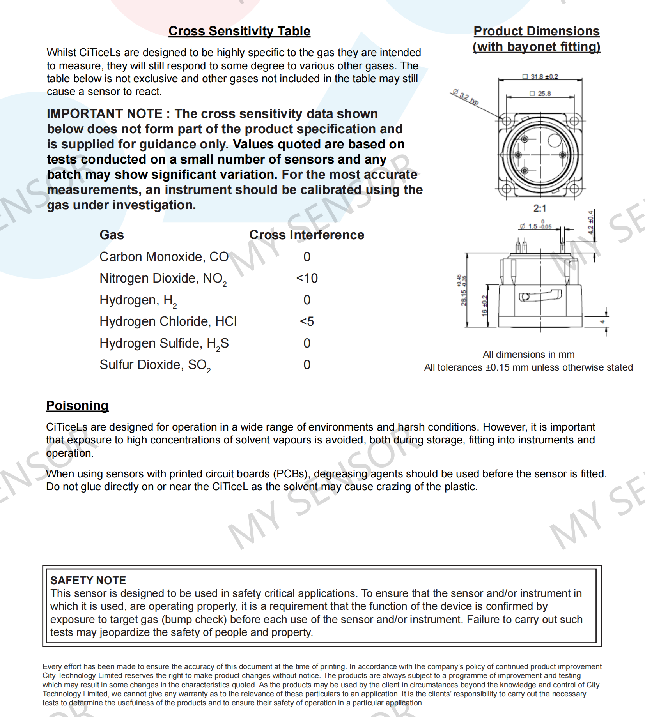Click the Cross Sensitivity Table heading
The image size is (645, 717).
[239, 31]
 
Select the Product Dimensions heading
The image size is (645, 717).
[536, 39]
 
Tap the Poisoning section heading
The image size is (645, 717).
[77, 405]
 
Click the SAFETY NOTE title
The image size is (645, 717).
[88, 580]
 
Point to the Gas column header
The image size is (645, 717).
[112, 235]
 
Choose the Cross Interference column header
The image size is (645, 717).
[307, 235]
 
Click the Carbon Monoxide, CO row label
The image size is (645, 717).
[164, 257]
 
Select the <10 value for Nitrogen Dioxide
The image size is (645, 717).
[307, 278]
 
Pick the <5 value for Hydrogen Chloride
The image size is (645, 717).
[307, 321]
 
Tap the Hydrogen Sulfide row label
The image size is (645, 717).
[164, 343]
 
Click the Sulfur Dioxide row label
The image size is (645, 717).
[155, 365]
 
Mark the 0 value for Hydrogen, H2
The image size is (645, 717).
[307, 300]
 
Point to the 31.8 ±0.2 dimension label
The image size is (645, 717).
[541, 77]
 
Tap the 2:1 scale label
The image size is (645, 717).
[540, 208]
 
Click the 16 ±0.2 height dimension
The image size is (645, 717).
[484, 306]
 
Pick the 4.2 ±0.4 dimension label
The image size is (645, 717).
[591, 222]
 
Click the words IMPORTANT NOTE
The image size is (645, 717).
[105, 114]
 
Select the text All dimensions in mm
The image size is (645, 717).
[528, 355]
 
